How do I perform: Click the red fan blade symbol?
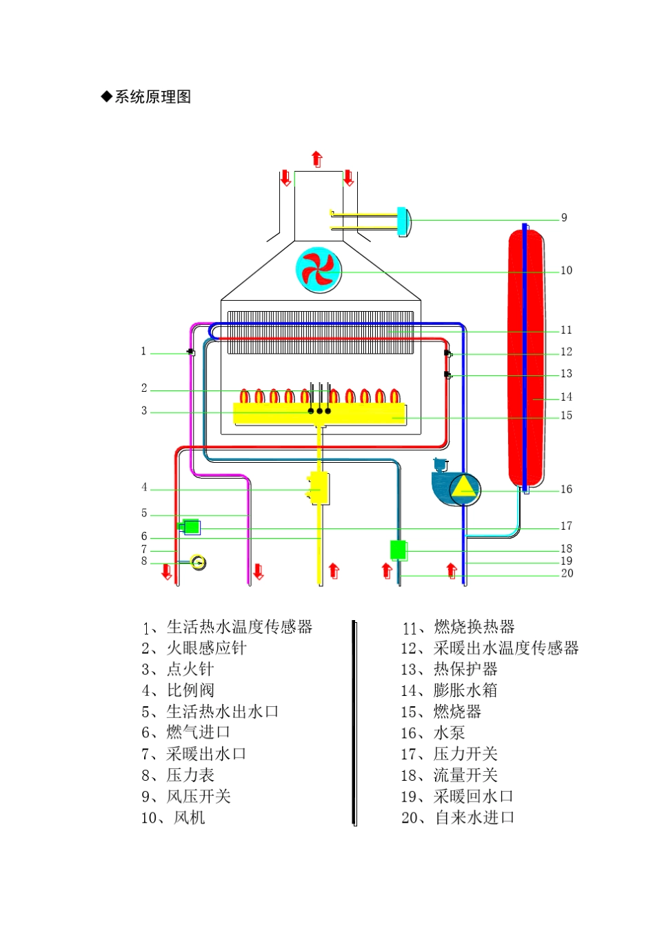click(319, 270)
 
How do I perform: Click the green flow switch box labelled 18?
click(398, 550)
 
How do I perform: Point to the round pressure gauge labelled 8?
click(198, 563)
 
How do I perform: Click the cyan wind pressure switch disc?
click(403, 221)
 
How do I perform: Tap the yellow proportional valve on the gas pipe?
click(319, 488)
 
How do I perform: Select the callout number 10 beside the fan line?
click(566, 270)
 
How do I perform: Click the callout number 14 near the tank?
click(566, 397)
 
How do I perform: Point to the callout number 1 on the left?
click(143, 352)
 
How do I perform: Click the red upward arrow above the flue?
click(316, 159)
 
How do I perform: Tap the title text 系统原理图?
click(152, 97)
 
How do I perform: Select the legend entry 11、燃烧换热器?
click(458, 627)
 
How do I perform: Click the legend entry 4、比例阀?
click(178, 690)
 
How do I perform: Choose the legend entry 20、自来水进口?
click(458, 818)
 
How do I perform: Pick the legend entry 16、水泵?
click(432, 733)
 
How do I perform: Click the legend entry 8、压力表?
click(178, 775)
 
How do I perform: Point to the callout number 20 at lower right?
click(567, 573)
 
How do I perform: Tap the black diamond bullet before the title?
click(106, 97)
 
